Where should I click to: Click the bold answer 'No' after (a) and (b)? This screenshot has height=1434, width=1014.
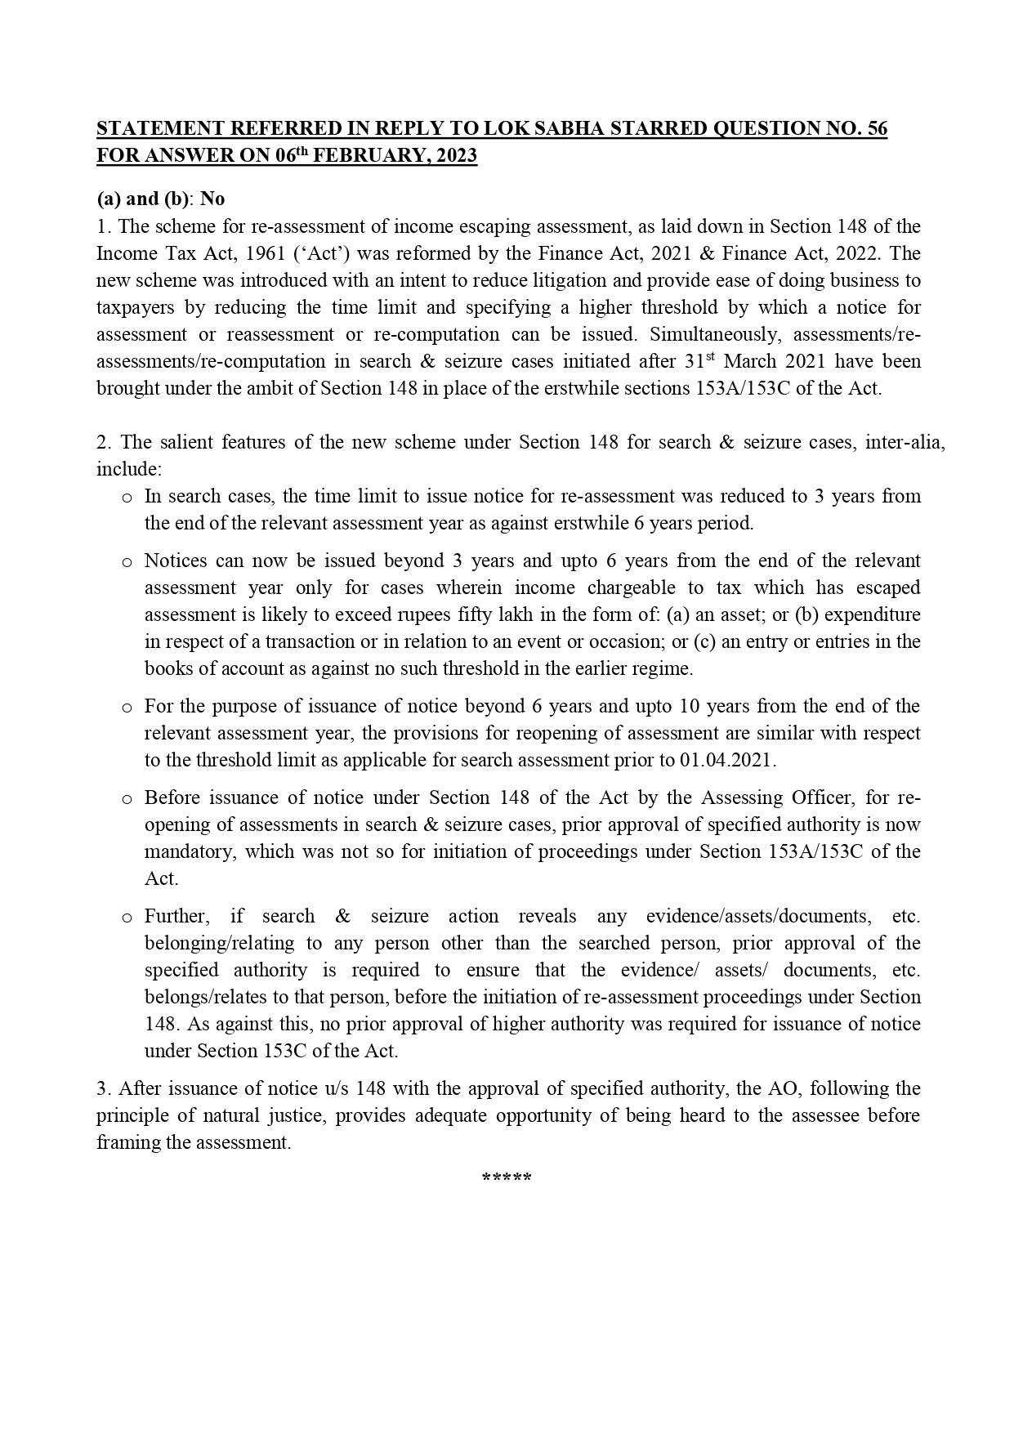212,199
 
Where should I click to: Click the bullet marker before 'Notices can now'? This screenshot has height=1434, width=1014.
126,561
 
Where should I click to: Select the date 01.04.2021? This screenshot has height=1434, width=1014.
726,760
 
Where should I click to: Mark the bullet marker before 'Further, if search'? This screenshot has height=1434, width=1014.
126,917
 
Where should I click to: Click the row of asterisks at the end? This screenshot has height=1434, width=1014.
507,1178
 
